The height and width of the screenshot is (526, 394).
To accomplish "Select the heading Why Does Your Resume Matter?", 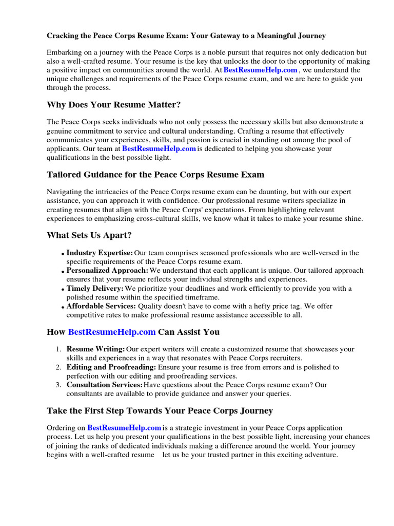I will pos(113,105).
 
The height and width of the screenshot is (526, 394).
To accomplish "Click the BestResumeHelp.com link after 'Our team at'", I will pos(159,148).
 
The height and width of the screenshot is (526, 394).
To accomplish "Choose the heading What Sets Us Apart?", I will pos(89,235).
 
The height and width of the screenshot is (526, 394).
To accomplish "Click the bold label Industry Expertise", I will pos(100,253).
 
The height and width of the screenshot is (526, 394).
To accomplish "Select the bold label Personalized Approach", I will pos(107,270).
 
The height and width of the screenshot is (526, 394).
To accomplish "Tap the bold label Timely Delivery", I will pos(95,289).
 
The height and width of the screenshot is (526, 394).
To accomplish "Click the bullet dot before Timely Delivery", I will pos(63,290).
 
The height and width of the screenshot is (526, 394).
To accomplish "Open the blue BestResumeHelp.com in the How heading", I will pos(111,332).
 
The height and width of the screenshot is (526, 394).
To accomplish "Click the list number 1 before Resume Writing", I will pos(58,349).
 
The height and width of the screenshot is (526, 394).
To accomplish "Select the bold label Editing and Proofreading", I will pos(111,367).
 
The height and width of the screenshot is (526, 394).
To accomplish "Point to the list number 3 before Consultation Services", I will pos(58,385).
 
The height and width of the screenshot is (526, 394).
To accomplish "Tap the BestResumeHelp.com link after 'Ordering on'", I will pos(124,428).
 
